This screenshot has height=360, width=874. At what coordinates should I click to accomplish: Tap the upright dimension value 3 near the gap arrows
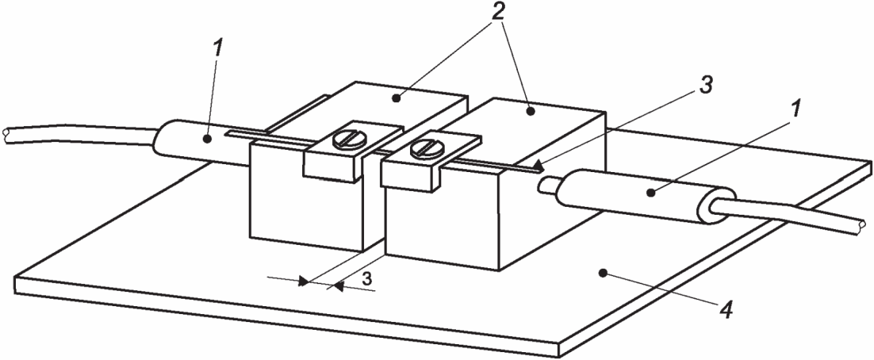[366, 278]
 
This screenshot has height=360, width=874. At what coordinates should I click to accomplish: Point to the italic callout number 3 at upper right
[705, 86]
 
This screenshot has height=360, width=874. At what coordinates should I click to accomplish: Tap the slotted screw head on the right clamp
[421, 147]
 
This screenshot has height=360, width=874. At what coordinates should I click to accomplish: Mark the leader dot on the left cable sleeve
[206, 140]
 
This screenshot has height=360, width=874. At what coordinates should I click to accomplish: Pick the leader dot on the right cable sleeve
[650, 193]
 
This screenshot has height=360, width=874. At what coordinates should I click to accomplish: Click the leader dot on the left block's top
[396, 98]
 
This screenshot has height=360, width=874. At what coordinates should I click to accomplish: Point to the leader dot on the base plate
[602, 273]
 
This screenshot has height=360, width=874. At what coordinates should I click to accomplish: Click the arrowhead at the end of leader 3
[536, 166]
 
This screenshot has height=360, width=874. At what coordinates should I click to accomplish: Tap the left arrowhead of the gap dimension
[303, 281]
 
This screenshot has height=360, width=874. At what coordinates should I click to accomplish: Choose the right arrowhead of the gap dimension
[338, 286]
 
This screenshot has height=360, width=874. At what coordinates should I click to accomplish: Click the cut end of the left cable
[6, 135]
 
